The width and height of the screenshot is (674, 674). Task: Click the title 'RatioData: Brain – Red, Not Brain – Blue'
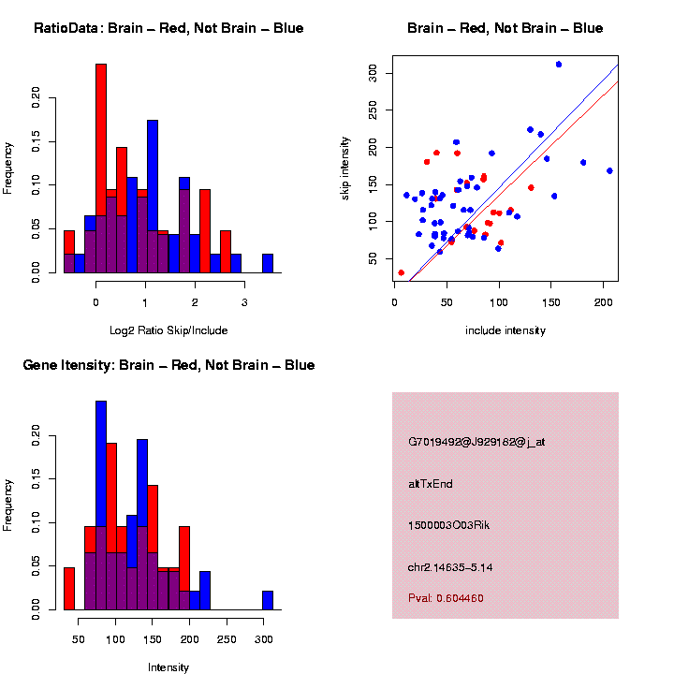pyautogui.click(x=168, y=28)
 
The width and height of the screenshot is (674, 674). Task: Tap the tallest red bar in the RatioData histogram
pyautogui.click(x=101, y=168)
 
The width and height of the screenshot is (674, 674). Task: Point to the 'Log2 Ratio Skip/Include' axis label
pyautogui.click(x=168, y=330)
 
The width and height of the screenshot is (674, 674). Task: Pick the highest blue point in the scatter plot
pyautogui.click(x=559, y=65)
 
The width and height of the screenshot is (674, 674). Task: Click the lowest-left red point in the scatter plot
pyautogui.click(x=401, y=272)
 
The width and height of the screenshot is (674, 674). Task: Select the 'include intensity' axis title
pyautogui.click(x=505, y=330)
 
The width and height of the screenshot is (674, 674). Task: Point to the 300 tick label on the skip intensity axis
pyautogui.click(x=374, y=72)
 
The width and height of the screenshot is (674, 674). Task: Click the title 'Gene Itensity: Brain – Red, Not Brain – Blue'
pyautogui.click(x=168, y=365)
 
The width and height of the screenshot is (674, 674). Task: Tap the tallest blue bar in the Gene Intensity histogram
pyautogui.click(x=101, y=505)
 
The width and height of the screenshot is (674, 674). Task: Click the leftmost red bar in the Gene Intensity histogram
pyautogui.click(x=69, y=589)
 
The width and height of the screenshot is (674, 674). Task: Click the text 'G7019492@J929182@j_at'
pyautogui.click(x=476, y=441)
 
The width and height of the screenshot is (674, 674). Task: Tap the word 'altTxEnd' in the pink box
pyautogui.click(x=431, y=484)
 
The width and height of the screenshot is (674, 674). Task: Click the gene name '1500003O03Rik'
pyautogui.click(x=449, y=525)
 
